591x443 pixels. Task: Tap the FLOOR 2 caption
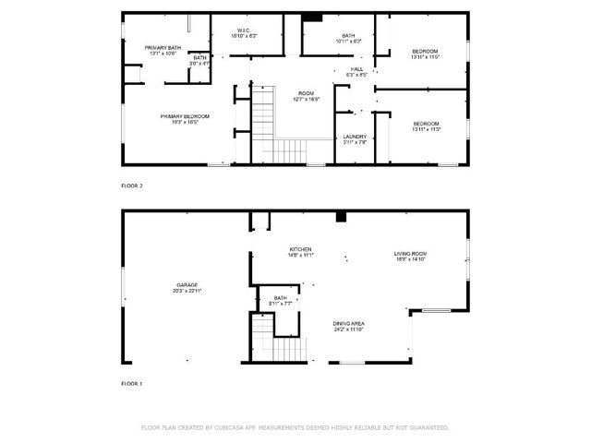[x=132, y=186]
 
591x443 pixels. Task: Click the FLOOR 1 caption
[x=132, y=382]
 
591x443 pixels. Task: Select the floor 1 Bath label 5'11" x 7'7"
[x=280, y=300]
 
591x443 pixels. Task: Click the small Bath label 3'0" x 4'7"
[x=199, y=60]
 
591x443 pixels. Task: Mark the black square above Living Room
[x=341, y=216]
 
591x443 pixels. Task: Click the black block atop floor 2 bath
[x=312, y=17]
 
